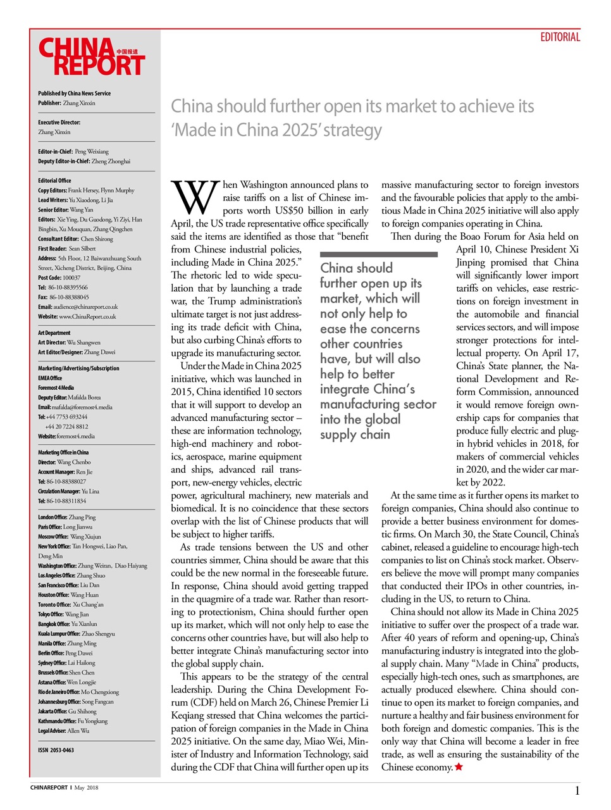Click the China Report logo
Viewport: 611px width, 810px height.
coord(92,57)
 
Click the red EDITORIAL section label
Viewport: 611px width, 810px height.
coord(560,37)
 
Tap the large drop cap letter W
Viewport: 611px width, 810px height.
coord(195,197)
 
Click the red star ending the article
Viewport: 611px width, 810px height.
coord(459,767)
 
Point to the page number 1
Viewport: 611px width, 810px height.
coord(577,790)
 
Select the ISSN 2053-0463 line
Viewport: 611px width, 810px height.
coord(56,750)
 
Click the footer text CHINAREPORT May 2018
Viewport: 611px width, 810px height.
coord(65,788)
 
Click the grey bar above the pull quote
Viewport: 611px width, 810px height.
coord(378,254)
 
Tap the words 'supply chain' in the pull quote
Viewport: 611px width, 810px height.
coord(355,434)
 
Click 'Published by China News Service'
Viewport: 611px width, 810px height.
coord(74,93)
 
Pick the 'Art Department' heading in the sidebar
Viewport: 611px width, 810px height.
coord(54,333)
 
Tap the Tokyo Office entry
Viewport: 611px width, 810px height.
coord(63,614)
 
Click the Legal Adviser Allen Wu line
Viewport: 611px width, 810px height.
coord(63,731)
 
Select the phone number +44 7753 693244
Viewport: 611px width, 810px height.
coord(66,417)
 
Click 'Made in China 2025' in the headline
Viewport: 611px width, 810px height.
coord(276,130)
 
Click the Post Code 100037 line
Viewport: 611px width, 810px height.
coord(59,277)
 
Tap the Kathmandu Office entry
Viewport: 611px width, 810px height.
coord(73,721)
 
